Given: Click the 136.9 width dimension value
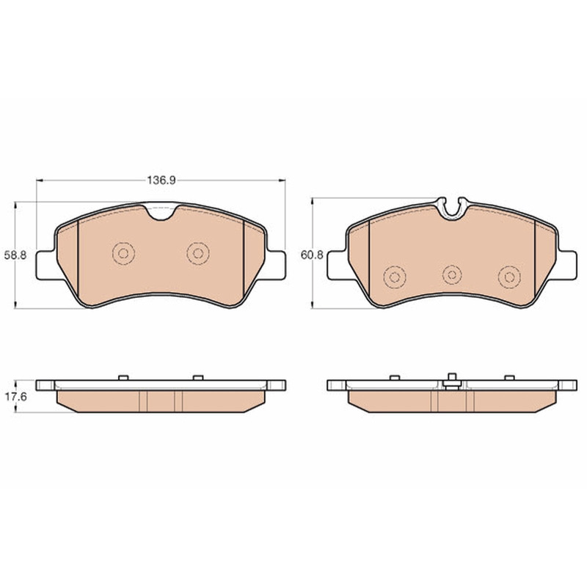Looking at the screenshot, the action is [x=161, y=181].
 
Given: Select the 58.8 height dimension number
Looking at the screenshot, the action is [x=15, y=255].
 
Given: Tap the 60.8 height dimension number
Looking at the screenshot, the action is [x=312, y=255].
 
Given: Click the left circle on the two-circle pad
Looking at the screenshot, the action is [x=123, y=253].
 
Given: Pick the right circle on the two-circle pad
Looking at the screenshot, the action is [x=198, y=253].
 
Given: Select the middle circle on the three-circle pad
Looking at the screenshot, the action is [x=452, y=275].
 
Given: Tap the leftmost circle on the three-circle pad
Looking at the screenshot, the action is [x=395, y=277].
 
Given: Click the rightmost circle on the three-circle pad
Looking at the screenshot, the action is [x=509, y=277].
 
